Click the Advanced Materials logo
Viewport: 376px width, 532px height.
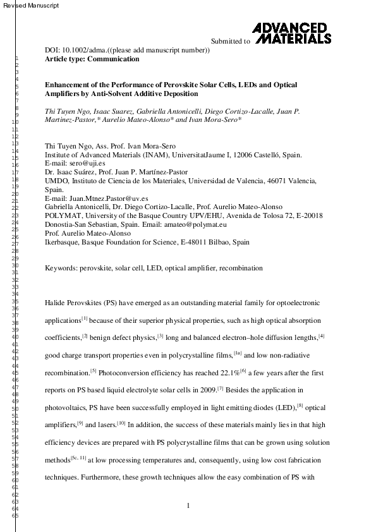291,33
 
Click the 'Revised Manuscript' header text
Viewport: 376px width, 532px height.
30,6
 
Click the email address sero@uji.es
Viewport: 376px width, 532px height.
83,163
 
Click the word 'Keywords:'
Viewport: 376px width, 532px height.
60,268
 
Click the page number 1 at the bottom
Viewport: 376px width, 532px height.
188,505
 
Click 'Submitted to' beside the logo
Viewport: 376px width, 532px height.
230,41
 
